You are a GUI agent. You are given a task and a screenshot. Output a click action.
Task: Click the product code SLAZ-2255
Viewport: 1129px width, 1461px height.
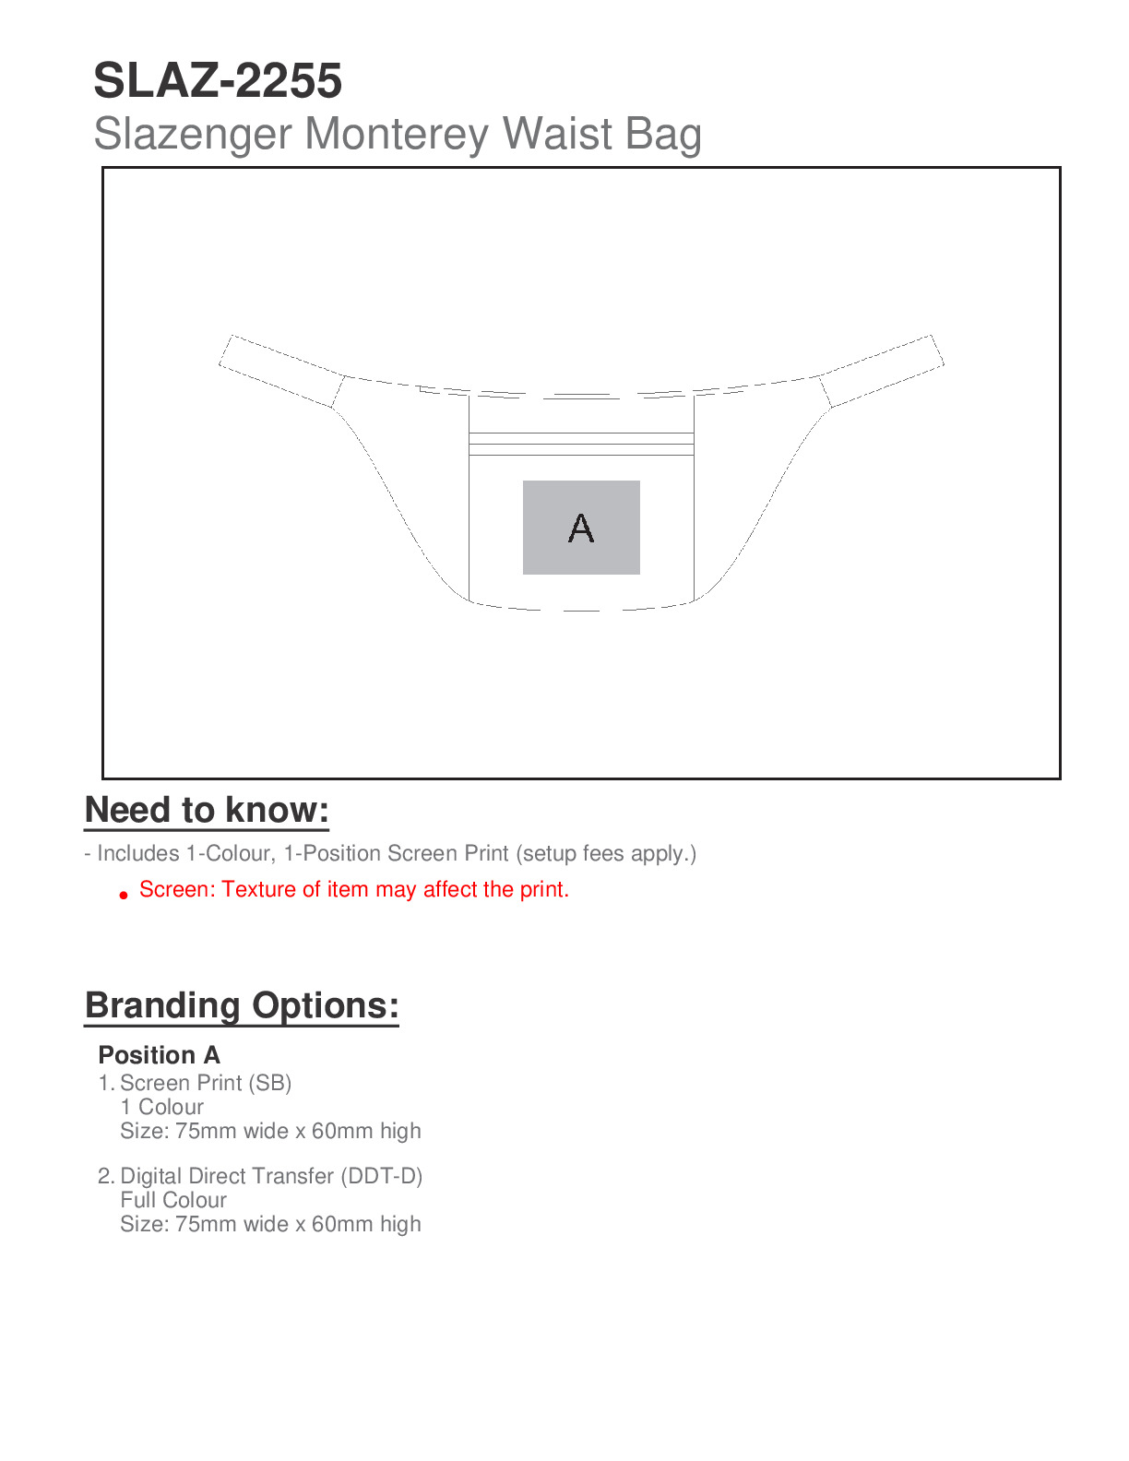click(218, 81)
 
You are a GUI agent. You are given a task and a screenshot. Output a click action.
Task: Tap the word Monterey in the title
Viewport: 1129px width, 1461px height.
click(398, 135)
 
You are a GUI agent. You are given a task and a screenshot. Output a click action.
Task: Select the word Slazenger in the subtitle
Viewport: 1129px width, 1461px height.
click(193, 135)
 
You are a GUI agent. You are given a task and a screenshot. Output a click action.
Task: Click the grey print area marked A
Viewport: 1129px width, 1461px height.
click(581, 528)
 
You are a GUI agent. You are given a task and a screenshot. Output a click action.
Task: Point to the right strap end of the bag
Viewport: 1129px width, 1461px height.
click(884, 370)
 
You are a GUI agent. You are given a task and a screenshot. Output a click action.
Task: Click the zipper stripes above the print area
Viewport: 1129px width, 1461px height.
click(581, 444)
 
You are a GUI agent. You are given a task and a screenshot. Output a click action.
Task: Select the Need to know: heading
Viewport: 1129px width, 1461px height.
click(207, 810)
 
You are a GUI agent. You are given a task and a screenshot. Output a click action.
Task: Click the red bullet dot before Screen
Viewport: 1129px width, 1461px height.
click(124, 895)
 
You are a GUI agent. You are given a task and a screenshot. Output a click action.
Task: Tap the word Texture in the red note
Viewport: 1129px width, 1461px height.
click(259, 889)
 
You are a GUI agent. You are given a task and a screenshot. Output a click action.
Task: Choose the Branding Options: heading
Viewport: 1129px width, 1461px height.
click(242, 1005)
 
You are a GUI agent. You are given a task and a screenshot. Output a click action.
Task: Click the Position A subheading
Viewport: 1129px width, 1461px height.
click(159, 1055)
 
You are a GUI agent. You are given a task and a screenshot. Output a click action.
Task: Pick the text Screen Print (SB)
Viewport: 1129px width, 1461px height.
click(206, 1083)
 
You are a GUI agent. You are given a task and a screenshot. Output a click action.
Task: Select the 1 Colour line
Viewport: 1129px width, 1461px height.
click(161, 1107)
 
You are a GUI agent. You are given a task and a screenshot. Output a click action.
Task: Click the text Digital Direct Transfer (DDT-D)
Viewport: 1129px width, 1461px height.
click(271, 1176)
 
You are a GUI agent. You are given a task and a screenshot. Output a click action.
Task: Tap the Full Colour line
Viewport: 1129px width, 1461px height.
click(173, 1200)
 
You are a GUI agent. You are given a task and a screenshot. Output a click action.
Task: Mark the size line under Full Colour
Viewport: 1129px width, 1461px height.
click(270, 1224)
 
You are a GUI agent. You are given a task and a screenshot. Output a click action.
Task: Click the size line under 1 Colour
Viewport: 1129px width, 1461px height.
click(270, 1131)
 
